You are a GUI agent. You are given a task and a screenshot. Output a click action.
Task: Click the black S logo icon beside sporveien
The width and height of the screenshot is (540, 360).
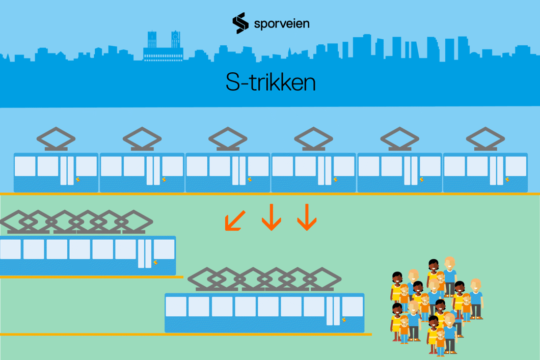240,23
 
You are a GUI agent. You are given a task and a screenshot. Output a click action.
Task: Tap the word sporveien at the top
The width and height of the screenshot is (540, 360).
282,24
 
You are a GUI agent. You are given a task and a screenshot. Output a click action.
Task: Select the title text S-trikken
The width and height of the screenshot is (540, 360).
271,82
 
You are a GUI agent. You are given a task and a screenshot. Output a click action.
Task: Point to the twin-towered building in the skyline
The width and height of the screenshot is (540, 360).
163,46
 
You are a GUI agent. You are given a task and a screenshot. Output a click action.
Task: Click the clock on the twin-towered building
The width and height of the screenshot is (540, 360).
175,36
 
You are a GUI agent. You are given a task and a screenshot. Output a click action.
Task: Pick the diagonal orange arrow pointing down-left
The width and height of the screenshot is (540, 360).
235,220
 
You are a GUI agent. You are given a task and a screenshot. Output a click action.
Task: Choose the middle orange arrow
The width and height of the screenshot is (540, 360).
272,217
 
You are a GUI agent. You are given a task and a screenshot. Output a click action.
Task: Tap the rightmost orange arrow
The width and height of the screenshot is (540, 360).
307,217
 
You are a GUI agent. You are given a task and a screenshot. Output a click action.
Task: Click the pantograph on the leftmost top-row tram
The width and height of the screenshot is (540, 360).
56,139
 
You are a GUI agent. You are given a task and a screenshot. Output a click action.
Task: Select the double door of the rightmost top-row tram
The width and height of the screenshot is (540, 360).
496,171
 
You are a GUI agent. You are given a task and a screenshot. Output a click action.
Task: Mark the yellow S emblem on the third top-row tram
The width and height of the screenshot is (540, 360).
250,179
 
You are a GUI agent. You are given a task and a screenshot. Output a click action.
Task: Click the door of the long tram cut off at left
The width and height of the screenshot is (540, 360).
145,254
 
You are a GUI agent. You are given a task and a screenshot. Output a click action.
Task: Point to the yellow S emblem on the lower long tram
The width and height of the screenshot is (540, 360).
344,320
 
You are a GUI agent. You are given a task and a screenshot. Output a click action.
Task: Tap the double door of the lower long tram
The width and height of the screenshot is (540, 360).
333,311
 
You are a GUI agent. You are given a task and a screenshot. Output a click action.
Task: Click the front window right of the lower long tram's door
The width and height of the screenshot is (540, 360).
353,307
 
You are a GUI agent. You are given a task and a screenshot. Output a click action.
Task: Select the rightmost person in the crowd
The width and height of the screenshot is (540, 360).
476,299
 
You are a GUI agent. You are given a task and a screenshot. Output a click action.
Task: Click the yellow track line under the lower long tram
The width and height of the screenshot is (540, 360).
186,334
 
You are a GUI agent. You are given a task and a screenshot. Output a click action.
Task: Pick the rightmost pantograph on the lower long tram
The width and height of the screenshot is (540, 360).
322,279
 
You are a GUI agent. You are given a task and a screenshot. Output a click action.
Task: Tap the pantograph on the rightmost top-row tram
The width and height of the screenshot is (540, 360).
485,139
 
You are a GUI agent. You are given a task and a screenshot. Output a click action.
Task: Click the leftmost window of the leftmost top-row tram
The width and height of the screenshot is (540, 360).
25,166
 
